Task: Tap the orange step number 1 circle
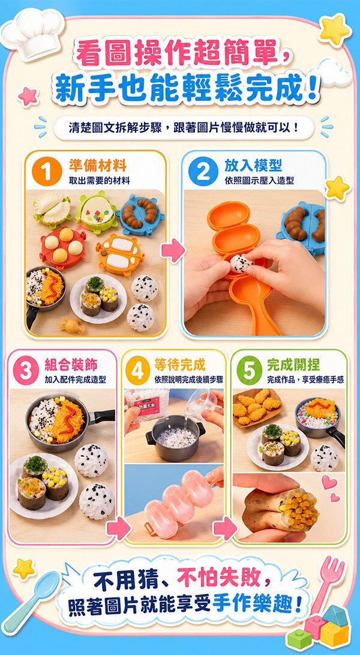point(47,171)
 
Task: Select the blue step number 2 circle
point(203,171)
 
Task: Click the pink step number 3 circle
point(26,370)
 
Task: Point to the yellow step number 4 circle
point(138,370)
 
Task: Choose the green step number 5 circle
point(250,370)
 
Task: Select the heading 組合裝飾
point(71,364)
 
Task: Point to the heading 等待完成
point(180,364)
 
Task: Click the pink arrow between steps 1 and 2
point(173,250)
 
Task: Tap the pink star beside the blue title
point(28,97)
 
